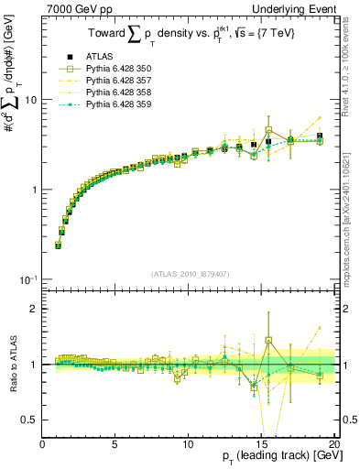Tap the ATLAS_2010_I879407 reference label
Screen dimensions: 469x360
[x=191, y=272]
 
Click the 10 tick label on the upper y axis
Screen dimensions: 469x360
[x=31, y=99]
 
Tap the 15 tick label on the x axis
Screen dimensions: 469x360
[x=262, y=443]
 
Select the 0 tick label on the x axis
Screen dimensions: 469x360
[x=43, y=443]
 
